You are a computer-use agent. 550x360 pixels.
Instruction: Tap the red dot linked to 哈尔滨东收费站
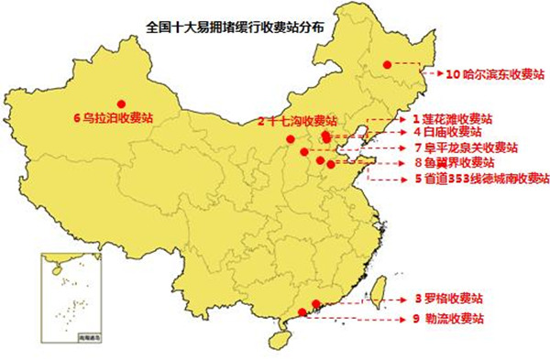[x=388, y=64]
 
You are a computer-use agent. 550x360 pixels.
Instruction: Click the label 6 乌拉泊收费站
[x=113, y=117]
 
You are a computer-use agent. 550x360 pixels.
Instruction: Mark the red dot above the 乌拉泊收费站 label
[x=121, y=103]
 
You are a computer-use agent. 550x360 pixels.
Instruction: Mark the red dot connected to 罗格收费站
[x=316, y=304]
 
